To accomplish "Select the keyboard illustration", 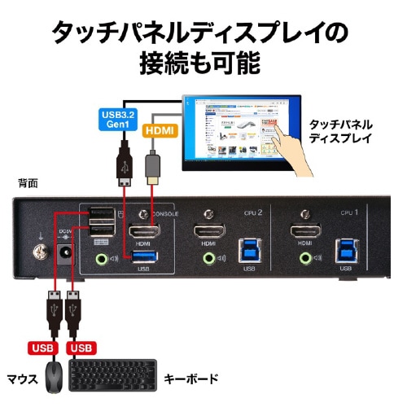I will click(112, 377).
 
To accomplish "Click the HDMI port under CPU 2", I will click(209, 234).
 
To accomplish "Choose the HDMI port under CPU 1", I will click(307, 233).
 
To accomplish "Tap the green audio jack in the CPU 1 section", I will click(307, 260).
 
